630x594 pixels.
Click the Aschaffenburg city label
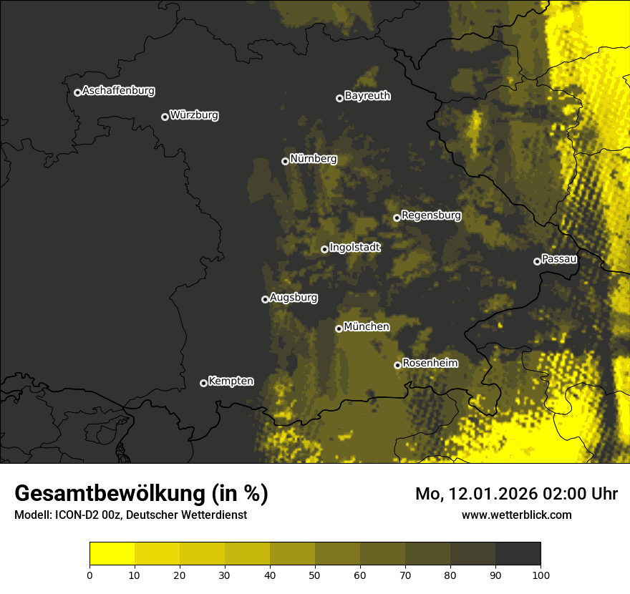(x=118, y=91)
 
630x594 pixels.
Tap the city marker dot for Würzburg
(x=165, y=117)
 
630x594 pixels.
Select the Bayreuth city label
(x=367, y=96)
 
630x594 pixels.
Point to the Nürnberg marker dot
(x=285, y=161)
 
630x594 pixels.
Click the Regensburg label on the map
(x=431, y=215)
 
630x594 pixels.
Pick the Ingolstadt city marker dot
(x=324, y=249)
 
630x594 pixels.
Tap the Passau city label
(x=559, y=259)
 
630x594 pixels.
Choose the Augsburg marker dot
(x=265, y=299)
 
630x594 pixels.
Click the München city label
(x=367, y=327)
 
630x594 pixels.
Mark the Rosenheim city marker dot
(x=397, y=365)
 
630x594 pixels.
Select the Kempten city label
(x=231, y=381)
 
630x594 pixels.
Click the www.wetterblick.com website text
(x=516, y=515)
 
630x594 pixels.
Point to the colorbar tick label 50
(x=315, y=574)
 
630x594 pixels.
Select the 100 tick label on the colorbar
(x=541, y=574)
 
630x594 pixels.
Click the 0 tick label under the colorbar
(x=89, y=574)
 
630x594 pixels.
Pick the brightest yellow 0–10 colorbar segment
(x=112, y=554)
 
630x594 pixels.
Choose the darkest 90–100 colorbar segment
(x=518, y=554)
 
